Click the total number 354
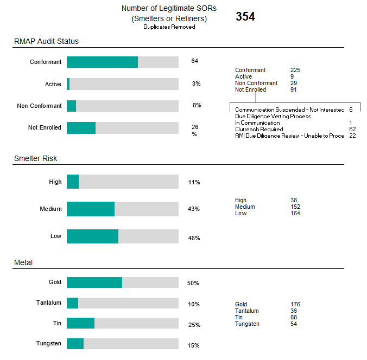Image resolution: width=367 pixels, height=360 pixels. click(x=245, y=17)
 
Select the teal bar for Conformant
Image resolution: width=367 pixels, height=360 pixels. click(x=102, y=62)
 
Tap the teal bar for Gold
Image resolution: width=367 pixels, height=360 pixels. click(x=94, y=282)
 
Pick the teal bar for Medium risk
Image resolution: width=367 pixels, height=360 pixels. click(x=91, y=209)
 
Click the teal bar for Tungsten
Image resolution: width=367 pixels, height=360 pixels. click(x=75, y=344)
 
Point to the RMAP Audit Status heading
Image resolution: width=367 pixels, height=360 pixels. click(x=46, y=41)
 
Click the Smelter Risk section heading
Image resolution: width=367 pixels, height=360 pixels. click(x=35, y=158)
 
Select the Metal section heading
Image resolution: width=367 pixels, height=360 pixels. click(x=23, y=262)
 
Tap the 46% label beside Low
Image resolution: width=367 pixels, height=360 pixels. click(x=194, y=238)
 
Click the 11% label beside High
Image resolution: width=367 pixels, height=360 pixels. click(x=194, y=183)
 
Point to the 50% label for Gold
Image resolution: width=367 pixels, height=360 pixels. click(x=193, y=284)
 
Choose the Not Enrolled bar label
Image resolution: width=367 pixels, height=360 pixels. click(x=45, y=128)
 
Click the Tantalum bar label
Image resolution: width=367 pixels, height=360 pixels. click(x=48, y=303)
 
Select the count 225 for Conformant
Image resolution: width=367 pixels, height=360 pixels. click(x=295, y=70)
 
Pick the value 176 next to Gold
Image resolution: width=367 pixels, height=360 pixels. click(x=295, y=304)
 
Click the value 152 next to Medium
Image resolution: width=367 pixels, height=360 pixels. click(x=295, y=207)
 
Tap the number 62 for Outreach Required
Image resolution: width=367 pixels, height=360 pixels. click(x=352, y=129)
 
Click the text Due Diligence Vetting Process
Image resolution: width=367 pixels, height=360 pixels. click(x=273, y=116)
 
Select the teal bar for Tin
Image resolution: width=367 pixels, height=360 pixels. click(x=80, y=323)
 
